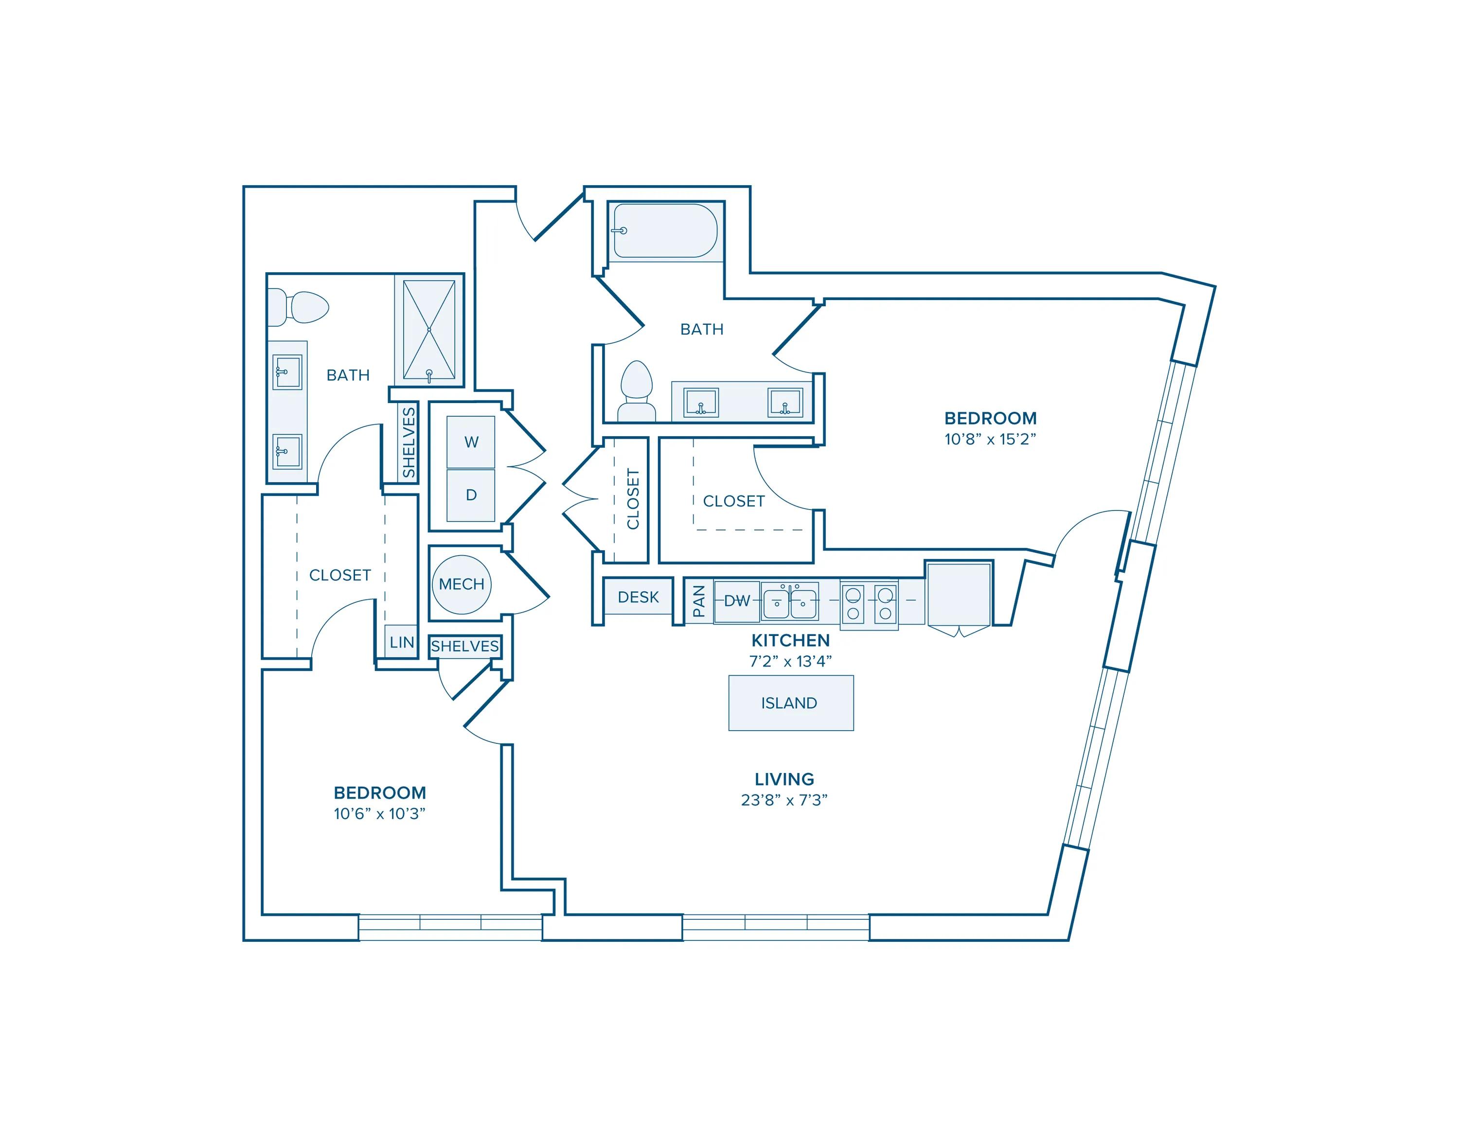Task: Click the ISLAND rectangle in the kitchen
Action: click(x=790, y=703)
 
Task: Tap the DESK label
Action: click(x=638, y=597)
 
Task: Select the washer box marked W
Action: click(x=471, y=442)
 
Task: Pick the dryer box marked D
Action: click(x=471, y=495)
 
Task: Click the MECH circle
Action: click(x=462, y=584)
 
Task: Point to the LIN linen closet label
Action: click(x=402, y=642)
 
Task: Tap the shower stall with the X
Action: click(x=429, y=330)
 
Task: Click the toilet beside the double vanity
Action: click(x=636, y=390)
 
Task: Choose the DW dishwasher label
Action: click(x=737, y=601)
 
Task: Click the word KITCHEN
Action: click(x=790, y=640)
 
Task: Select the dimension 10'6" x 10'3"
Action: click(x=379, y=813)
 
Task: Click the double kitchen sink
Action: click(x=790, y=603)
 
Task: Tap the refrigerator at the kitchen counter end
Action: click(x=959, y=594)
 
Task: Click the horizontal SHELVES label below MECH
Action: click(x=465, y=646)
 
